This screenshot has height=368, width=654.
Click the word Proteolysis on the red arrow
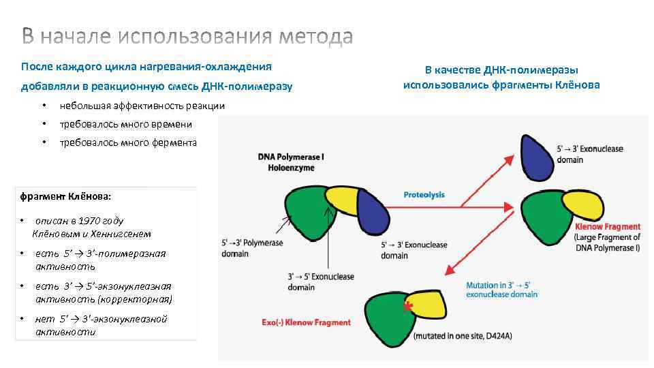coord(424,195)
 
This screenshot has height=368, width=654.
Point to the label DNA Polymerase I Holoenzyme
coord(291,162)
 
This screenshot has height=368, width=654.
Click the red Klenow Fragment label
coord(608,226)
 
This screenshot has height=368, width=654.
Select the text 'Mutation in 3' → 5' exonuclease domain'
coord(501,290)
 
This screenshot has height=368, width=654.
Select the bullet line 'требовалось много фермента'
coord(128,142)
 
